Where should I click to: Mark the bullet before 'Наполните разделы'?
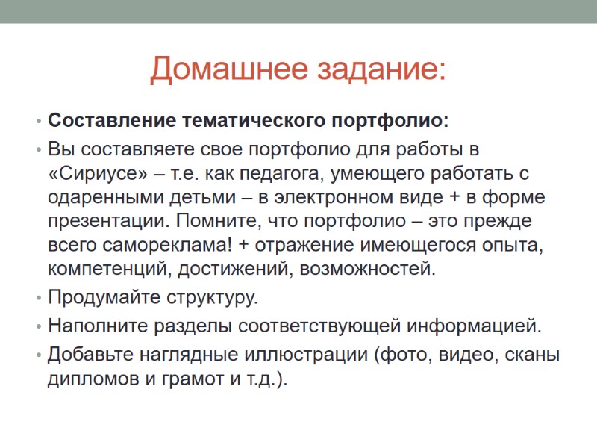(37, 326)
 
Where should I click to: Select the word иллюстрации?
(306, 355)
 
